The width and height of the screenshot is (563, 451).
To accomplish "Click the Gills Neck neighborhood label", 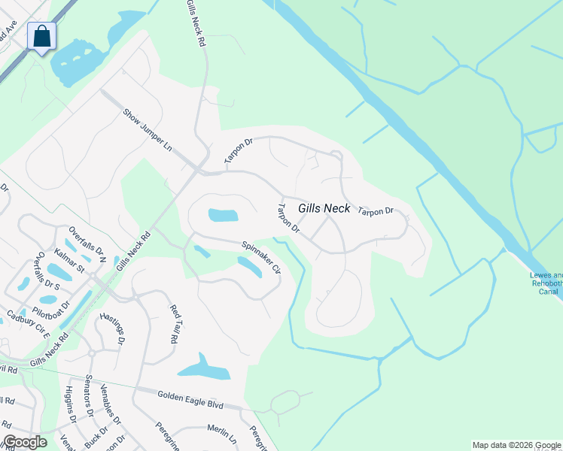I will tap(324, 208).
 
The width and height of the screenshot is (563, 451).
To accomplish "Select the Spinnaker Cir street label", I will tap(261, 257).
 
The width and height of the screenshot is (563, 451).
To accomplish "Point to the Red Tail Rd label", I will tap(173, 324).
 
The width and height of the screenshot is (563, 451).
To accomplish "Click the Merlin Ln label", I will tap(221, 434).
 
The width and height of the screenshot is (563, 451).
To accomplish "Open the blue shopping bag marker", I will tap(41, 35).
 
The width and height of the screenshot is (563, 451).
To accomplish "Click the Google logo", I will tap(24, 442).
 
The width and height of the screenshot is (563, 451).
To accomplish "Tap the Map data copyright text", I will tap(516, 445).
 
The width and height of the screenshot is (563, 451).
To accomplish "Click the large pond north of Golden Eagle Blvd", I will tap(203, 368).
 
